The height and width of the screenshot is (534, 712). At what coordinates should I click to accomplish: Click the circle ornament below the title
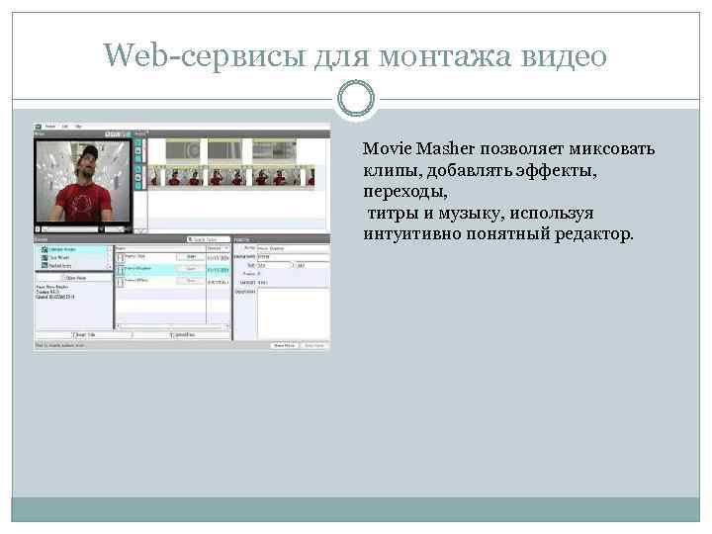(x=356, y=97)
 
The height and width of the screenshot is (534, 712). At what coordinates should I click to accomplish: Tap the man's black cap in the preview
(x=87, y=150)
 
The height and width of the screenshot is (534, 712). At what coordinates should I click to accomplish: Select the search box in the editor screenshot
(x=210, y=239)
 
